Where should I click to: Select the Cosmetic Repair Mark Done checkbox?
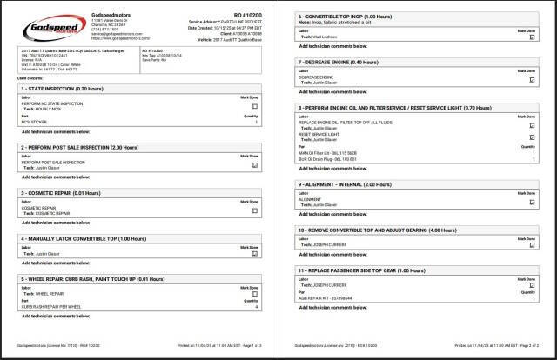[x=255, y=210]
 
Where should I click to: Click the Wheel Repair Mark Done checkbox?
[x=255, y=300]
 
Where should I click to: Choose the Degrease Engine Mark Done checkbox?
[x=533, y=77]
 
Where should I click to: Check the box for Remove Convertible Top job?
[x=533, y=244]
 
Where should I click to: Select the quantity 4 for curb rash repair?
[x=257, y=307]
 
